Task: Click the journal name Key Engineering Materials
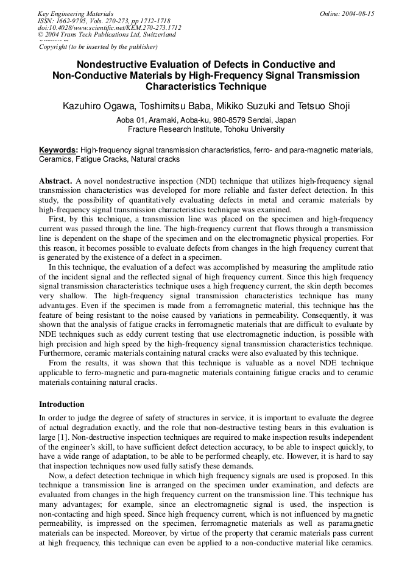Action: point(76,13)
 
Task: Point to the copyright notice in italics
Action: point(98,46)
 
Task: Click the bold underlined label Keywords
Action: point(58,150)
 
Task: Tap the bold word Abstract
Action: point(55,182)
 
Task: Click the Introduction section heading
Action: point(62,404)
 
